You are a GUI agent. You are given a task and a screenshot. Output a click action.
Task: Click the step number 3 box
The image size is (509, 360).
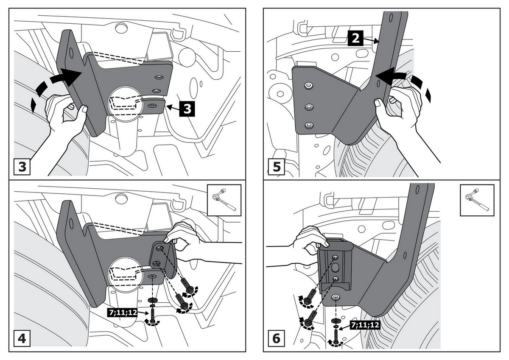[22, 166]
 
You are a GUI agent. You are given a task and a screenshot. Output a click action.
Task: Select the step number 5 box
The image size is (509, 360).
[277, 166]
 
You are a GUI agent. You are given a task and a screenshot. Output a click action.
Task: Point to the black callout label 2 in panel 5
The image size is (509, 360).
[355, 39]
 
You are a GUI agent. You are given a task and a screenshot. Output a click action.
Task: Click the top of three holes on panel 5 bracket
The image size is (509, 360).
[308, 86]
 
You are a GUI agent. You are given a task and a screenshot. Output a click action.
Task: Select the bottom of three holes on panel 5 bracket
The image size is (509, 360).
[309, 125]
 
